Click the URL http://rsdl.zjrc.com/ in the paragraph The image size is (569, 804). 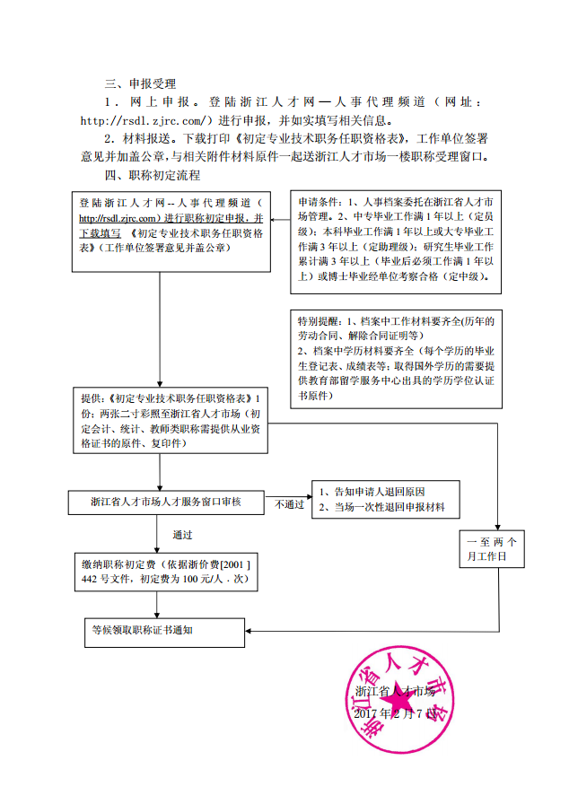[x=146, y=120]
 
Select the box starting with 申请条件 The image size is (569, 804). [x=396, y=240]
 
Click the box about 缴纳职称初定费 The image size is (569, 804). [x=165, y=572]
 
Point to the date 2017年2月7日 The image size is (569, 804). [x=394, y=713]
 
